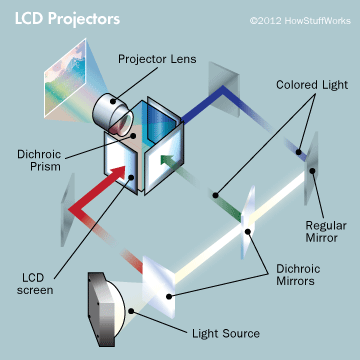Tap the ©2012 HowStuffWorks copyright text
coord(294,19)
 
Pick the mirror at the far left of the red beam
coord(69,205)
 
